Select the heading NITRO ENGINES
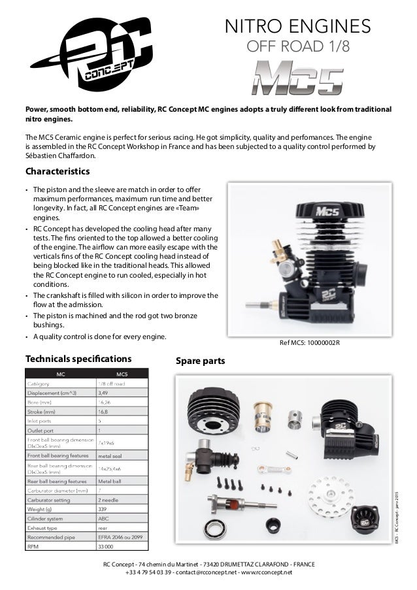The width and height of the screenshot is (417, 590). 297,26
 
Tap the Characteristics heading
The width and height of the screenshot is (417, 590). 57,172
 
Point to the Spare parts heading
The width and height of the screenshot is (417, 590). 201,360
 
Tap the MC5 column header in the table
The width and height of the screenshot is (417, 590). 122,373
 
